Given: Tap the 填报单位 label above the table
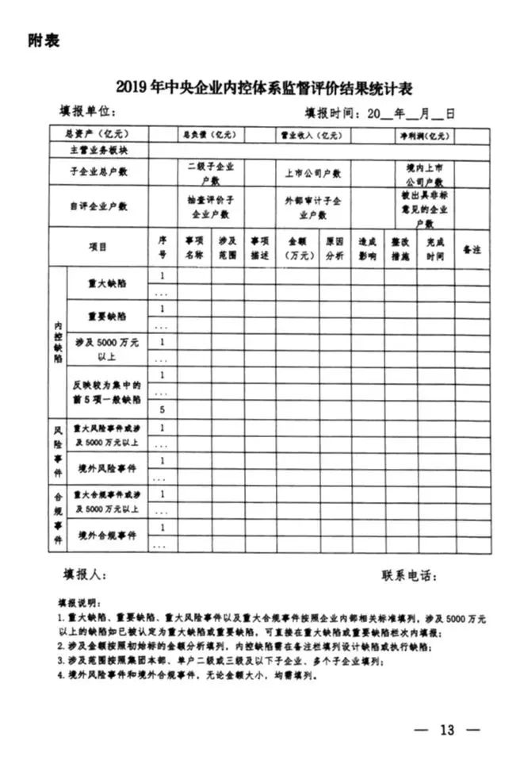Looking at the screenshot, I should pos(88,113).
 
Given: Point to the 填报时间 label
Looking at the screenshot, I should pos(334,113).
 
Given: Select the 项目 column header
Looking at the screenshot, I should pos(98,248).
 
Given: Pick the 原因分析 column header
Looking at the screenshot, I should pos(333,248).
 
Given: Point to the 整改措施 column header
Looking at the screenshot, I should pos(400,248).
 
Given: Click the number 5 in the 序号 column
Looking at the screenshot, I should pos(162,409).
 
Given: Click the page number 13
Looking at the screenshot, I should pos(448,729).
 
